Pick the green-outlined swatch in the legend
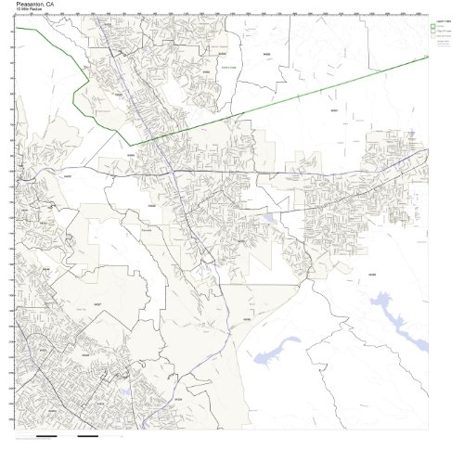(x=433, y=26)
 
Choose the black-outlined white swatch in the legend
(x=433, y=32)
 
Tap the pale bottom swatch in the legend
(x=433, y=39)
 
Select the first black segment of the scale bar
(x=47, y=435)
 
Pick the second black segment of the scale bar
(x=88, y=435)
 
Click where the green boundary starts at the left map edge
(x=16, y=29)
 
